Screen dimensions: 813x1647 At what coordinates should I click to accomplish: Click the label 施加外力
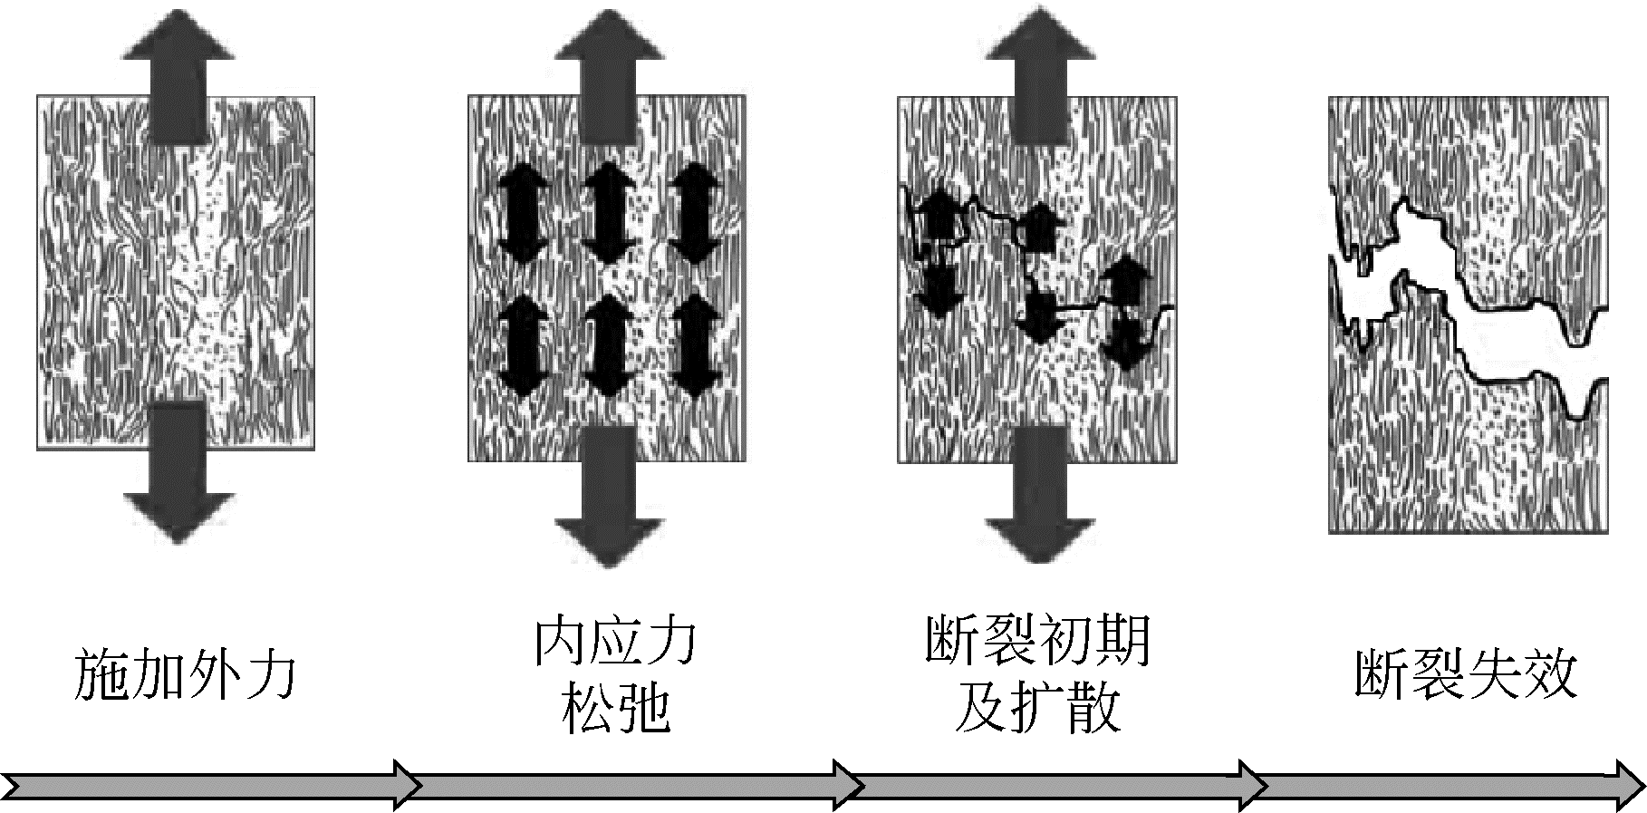click(185, 674)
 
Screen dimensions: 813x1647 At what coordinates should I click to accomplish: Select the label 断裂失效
click(1466, 674)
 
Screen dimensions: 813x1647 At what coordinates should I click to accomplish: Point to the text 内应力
click(614, 642)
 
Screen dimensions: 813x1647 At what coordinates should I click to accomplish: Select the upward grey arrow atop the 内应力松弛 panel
click(609, 68)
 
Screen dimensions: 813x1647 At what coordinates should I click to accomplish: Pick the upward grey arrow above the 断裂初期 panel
click(1039, 68)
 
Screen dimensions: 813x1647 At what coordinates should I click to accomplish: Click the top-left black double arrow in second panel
click(524, 214)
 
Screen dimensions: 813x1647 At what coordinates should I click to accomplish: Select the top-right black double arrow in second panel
click(696, 214)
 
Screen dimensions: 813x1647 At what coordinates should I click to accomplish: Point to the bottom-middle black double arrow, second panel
click(609, 347)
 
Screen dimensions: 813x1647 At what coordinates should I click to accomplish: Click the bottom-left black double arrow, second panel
click(524, 347)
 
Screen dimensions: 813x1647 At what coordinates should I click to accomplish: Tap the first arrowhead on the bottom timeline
click(403, 783)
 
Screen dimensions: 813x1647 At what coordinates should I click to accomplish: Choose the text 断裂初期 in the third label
click(1038, 642)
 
